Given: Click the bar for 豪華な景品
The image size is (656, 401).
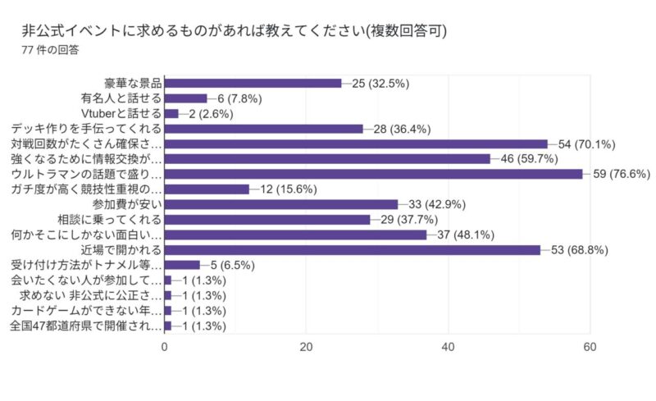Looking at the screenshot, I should (x=253, y=83).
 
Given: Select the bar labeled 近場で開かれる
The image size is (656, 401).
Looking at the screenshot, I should (x=352, y=249).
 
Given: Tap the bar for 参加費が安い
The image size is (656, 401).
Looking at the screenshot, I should (x=281, y=204).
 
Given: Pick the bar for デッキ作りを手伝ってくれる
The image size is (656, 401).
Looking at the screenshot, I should (x=263, y=128).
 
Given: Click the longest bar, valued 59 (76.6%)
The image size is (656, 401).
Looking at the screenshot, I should (x=373, y=174).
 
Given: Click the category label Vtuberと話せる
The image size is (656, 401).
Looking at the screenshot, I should (x=121, y=113).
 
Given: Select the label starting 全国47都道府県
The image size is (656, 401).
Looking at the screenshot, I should (x=86, y=326).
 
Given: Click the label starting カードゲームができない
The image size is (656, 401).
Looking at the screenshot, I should (x=86, y=310).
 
